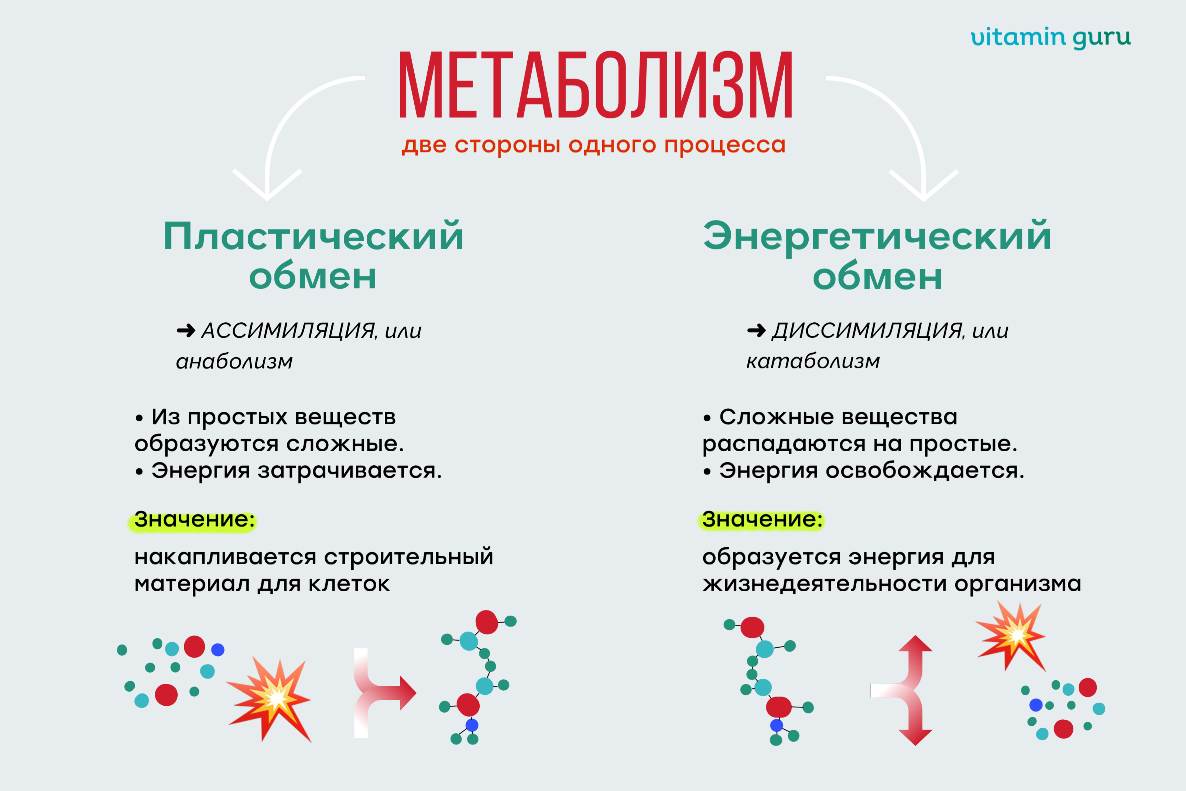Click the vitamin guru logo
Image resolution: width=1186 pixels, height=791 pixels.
(x=1050, y=38)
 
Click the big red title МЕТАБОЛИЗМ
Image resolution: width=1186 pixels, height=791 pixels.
(x=596, y=84)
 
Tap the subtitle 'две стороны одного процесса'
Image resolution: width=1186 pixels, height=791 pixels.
(x=594, y=145)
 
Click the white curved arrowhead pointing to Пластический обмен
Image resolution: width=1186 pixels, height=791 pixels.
(x=267, y=185)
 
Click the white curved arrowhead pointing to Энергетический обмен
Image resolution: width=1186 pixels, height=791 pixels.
(x=923, y=185)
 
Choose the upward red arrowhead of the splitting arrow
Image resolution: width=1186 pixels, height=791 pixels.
(x=915, y=643)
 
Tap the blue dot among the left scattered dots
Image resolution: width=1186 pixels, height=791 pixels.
(x=218, y=650)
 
